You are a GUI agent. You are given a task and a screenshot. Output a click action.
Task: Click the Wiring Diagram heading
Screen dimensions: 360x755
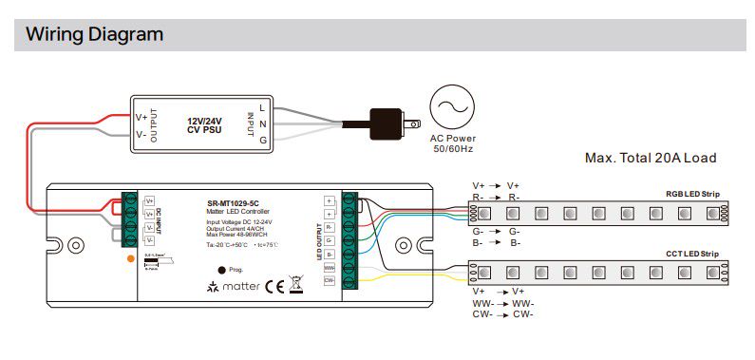click(94, 35)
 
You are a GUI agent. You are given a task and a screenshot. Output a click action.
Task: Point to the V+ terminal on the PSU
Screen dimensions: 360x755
click(142, 117)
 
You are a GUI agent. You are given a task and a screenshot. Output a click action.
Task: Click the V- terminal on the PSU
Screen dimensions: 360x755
click(142, 135)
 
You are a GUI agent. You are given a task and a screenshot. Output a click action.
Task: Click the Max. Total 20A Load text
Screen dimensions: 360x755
click(651, 158)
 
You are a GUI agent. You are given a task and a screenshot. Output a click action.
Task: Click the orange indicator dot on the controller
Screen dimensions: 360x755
click(130, 258)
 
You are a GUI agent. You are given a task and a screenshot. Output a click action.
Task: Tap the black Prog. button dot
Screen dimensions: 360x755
click(221, 270)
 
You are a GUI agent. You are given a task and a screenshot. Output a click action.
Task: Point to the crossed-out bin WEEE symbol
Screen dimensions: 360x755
click(294, 285)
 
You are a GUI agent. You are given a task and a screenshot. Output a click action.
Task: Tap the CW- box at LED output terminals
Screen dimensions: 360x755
click(330, 280)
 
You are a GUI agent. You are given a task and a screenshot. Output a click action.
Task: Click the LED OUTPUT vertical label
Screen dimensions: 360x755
click(319, 241)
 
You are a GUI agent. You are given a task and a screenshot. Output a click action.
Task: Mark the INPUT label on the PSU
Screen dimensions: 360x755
click(250, 125)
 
